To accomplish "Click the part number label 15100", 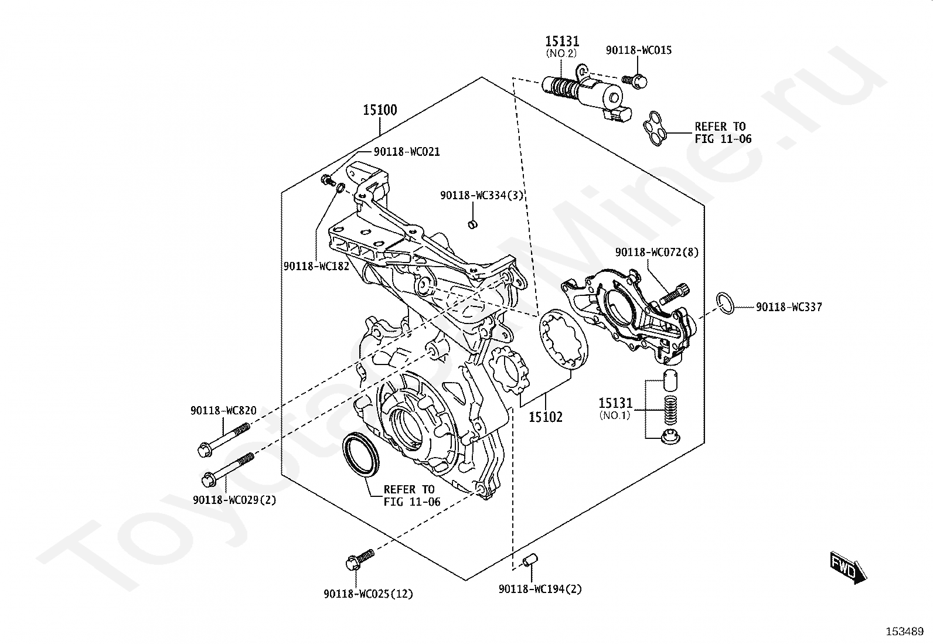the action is click(x=380, y=110).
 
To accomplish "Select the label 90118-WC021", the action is click(x=407, y=152).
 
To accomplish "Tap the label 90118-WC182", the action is click(x=316, y=266).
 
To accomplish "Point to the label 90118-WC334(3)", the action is click(x=482, y=195).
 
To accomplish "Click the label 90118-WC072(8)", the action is click(x=657, y=252).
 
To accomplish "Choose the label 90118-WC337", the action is click(x=789, y=307).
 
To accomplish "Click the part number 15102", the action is click(x=546, y=417).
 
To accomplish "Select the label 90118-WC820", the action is click(x=223, y=410).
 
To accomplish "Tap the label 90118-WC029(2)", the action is click(x=234, y=499).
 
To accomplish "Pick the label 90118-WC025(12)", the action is click(x=369, y=594).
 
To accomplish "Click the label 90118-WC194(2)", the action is click(x=540, y=588).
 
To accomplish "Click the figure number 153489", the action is click(x=905, y=632).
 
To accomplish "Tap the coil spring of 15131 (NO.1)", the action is click(x=670, y=410).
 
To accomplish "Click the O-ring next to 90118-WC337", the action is click(x=725, y=304).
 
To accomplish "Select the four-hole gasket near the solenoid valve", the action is click(x=655, y=128).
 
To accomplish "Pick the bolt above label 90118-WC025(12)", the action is click(x=360, y=559).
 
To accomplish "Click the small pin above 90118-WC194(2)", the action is click(x=530, y=560).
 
